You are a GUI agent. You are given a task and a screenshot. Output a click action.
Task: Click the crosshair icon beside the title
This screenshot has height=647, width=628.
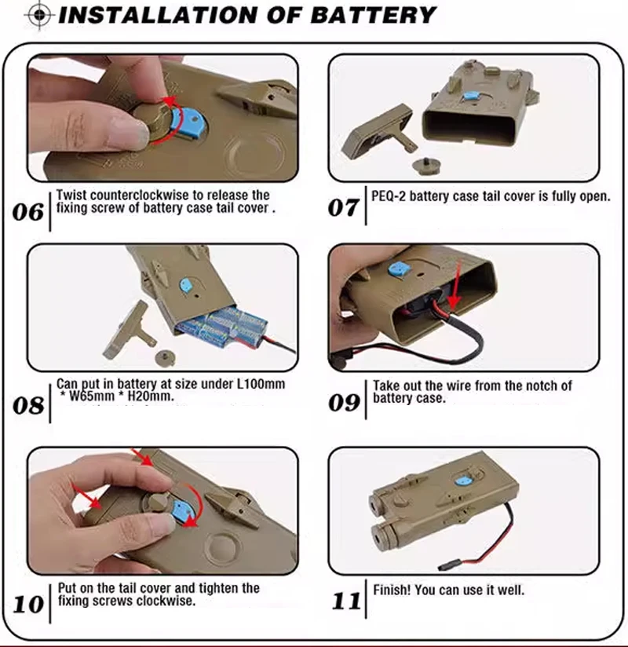(x=39, y=15)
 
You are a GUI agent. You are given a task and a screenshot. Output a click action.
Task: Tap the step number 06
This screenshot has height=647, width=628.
(x=28, y=212)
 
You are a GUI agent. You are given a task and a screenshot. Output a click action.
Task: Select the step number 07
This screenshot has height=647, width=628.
(x=343, y=207)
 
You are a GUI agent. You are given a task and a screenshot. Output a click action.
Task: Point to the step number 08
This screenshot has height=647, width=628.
(x=28, y=406)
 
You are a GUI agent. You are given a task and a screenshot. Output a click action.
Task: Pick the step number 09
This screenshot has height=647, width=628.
(x=344, y=402)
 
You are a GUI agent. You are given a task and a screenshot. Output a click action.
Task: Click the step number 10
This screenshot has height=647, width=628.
(x=28, y=605)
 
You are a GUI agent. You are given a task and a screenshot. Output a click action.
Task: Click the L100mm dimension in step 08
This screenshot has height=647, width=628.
(x=261, y=384)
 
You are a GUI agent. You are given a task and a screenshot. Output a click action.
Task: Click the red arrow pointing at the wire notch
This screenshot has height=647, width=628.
(x=455, y=286)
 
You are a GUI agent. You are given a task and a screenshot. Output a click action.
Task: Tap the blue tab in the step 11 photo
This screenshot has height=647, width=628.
(x=463, y=481)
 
